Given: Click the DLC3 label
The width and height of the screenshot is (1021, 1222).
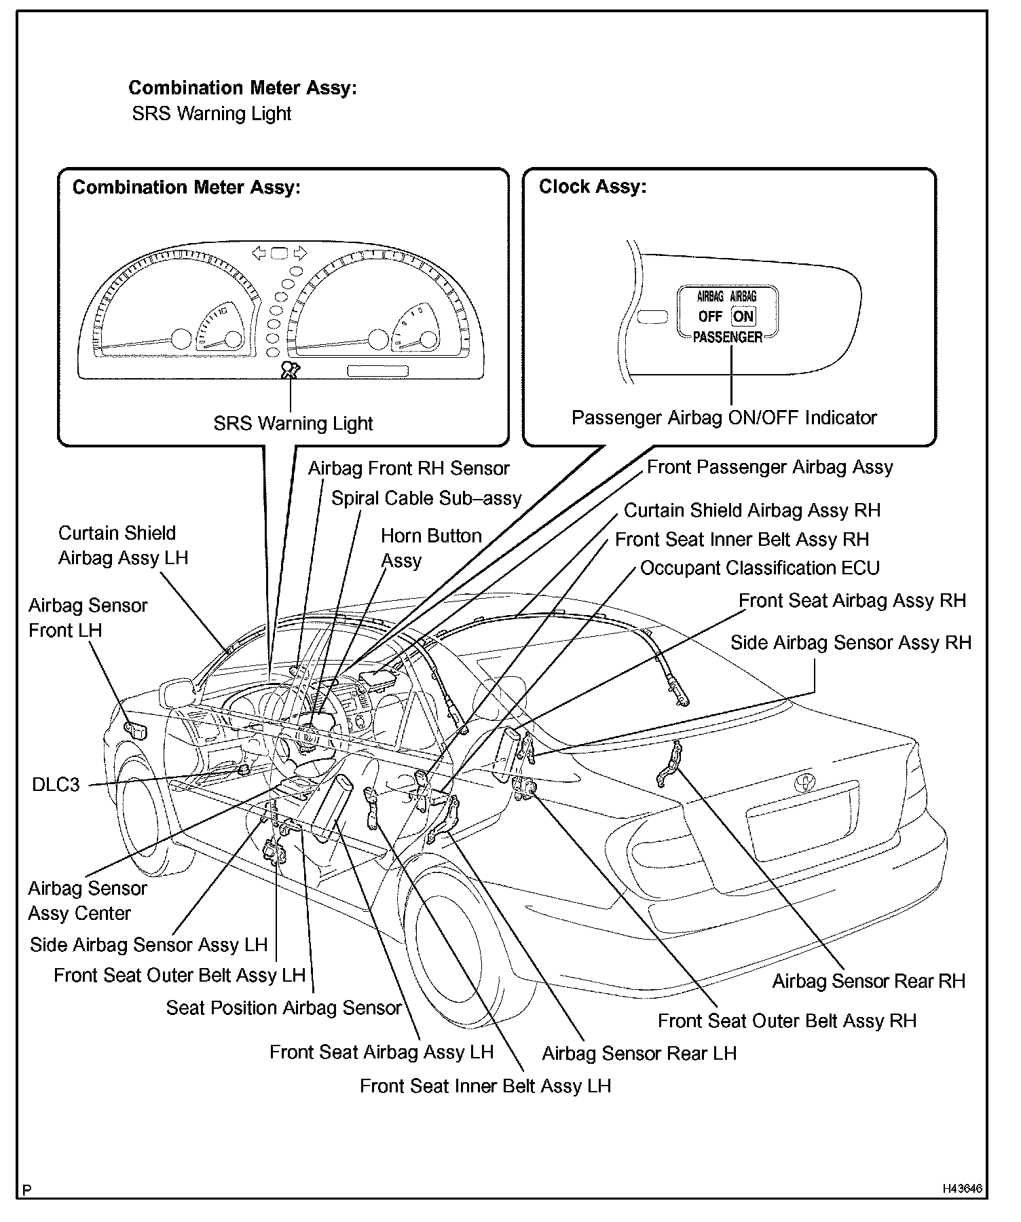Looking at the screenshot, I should click(56, 785).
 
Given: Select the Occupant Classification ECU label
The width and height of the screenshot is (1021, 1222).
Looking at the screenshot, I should click(760, 568).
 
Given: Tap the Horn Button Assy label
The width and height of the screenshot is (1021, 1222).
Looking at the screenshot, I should click(430, 548).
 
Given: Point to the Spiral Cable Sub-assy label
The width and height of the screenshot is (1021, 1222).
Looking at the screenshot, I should click(426, 498).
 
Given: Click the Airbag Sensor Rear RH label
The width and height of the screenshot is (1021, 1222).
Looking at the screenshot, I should click(868, 981).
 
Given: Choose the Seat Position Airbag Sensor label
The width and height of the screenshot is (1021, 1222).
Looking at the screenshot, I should click(284, 1007).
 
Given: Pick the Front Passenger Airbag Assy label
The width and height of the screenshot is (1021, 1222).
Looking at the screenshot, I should click(769, 467).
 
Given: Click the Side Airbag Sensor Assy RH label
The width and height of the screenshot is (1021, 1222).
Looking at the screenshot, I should click(851, 642).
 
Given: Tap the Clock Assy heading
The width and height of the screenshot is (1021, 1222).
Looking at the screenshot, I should click(592, 187).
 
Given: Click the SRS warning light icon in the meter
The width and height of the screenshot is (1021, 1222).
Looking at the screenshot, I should click(291, 370).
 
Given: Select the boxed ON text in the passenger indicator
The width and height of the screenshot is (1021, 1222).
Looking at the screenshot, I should click(743, 316).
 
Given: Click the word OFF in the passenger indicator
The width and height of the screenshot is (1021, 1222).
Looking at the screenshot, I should click(710, 316).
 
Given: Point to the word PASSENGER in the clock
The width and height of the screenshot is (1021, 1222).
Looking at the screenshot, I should click(727, 337).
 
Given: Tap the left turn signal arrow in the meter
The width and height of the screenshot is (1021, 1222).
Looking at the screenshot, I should click(259, 253).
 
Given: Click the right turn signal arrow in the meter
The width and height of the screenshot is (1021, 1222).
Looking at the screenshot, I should click(300, 253).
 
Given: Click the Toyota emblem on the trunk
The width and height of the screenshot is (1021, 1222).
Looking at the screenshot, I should click(804, 782).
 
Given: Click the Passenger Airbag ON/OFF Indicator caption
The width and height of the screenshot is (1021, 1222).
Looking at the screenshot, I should click(724, 418).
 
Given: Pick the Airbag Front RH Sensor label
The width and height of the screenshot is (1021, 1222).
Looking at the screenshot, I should click(409, 468).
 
